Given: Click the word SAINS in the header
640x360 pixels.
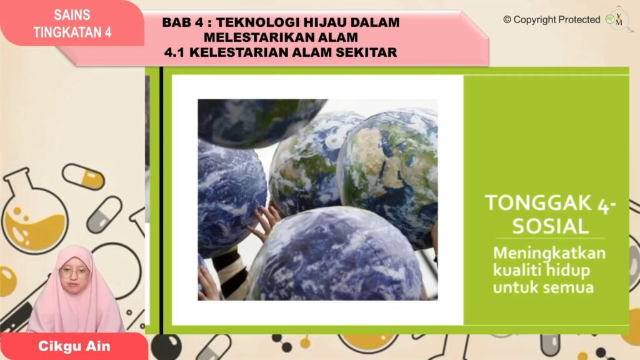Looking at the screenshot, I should coord(72,14).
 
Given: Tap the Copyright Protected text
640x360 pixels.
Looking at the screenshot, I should coord(551,19).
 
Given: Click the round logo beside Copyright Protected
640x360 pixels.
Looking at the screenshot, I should coord(619,19).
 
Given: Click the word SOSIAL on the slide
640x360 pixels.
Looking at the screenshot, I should coord(550,226).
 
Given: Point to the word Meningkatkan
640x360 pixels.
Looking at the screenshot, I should coord(549,255).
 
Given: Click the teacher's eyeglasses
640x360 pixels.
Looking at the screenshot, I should coord(74,272).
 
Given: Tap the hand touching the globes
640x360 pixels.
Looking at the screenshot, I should coord(266,222).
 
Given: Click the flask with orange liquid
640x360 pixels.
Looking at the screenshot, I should coord(34,216).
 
